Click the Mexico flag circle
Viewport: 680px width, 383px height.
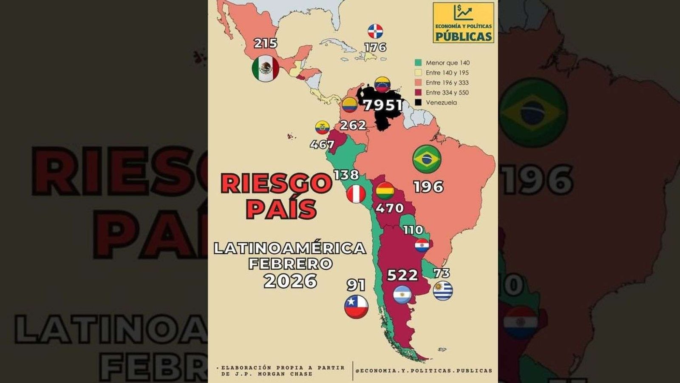click(265, 68)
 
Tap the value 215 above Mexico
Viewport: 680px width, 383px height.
click(265, 43)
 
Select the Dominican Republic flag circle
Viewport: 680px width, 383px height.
click(375, 31)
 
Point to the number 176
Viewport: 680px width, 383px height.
click(375, 47)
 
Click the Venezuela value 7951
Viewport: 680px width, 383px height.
click(383, 105)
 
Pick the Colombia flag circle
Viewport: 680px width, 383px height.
click(350, 105)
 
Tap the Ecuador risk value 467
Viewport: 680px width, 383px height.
click(322, 145)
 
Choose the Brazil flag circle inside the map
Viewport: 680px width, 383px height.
click(427, 159)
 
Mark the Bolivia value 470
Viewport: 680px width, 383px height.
click(389, 208)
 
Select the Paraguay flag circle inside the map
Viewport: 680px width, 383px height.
click(422, 245)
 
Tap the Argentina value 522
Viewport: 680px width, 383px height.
click(402, 275)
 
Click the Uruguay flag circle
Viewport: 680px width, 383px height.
click(443, 291)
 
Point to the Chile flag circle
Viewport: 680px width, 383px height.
click(356, 306)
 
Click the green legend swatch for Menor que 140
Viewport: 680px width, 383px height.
click(418, 63)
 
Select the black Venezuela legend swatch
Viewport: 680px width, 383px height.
click(418, 102)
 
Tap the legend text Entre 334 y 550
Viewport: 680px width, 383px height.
click(447, 93)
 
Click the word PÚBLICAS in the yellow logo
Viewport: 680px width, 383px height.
click(463, 36)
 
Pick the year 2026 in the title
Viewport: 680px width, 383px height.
click(290, 281)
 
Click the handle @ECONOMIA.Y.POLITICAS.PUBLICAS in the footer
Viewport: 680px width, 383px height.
click(424, 371)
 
